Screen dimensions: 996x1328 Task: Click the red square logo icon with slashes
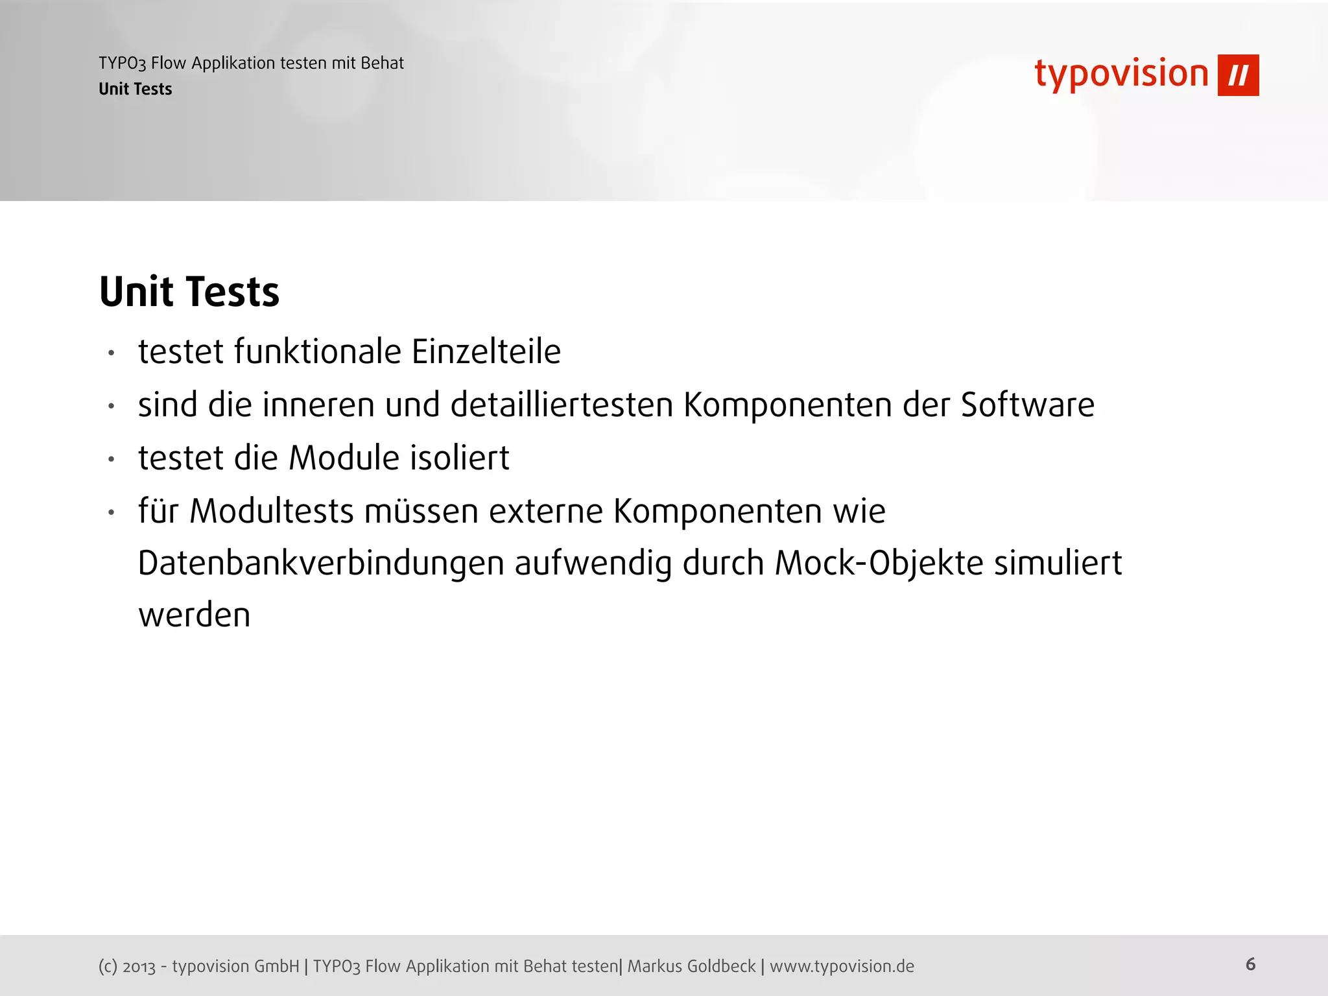pyautogui.click(x=1238, y=75)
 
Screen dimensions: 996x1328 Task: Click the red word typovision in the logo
pyautogui.click(x=1121, y=74)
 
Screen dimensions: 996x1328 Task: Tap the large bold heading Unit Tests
pyautogui.click(x=189, y=291)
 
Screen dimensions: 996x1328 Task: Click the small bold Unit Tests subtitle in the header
pyautogui.click(x=135, y=89)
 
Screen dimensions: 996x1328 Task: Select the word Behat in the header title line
pyautogui.click(x=382, y=63)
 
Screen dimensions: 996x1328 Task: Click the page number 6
pyautogui.click(x=1250, y=964)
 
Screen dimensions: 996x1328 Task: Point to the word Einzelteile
pyautogui.click(x=486, y=352)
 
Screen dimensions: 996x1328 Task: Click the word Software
pyautogui.click(x=1027, y=405)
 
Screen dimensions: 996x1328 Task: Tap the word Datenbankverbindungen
pyautogui.click(x=321, y=563)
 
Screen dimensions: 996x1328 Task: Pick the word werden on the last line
pyautogui.click(x=194, y=615)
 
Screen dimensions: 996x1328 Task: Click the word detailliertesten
pyautogui.click(x=562, y=405)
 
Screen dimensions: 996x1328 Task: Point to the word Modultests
pyautogui.click(x=272, y=511)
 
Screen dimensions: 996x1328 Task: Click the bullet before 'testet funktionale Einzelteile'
pyautogui.click(x=112, y=353)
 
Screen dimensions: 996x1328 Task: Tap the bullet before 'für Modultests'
pyautogui.click(x=112, y=513)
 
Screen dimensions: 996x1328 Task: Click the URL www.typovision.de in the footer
pyautogui.click(x=842, y=966)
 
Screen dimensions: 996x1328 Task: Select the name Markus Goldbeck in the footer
pyautogui.click(x=691, y=966)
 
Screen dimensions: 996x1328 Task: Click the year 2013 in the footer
pyautogui.click(x=139, y=967)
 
